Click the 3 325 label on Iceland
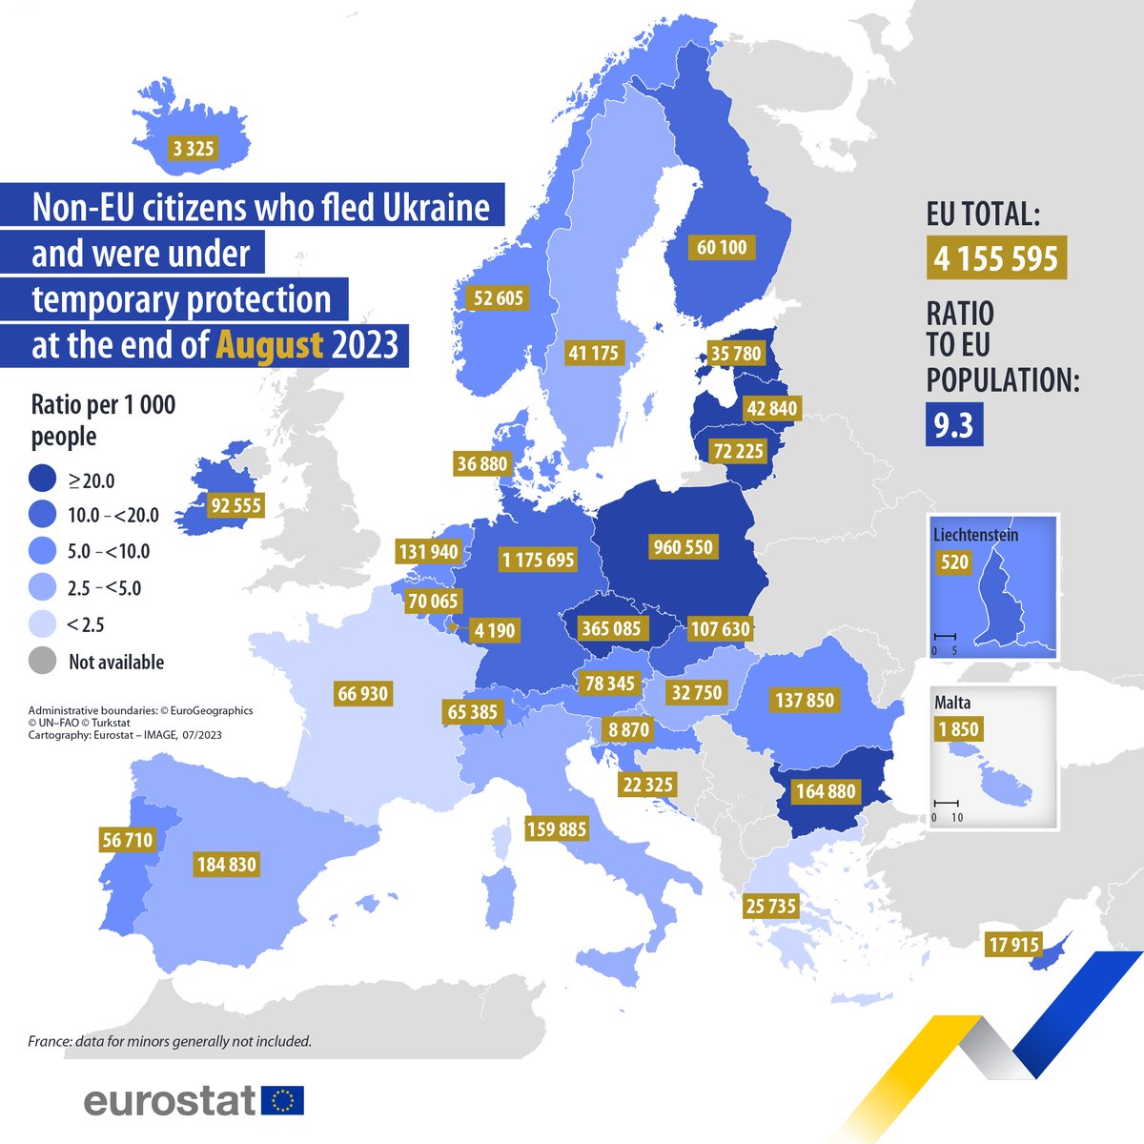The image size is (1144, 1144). pos(194,148)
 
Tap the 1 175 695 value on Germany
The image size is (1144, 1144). pos(539,560)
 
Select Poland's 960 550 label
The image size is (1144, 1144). pos(684,547)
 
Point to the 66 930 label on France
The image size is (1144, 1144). pos(362,693)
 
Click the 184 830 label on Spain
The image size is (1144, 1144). pos(227,865)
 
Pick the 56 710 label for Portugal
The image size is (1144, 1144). pos(127,840)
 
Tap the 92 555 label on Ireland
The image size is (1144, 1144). pos(235,505)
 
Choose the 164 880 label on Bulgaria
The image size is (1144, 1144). pos(826,791)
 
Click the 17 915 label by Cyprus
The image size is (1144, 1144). pos(1012,945)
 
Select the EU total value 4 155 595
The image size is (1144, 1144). pos(996,258)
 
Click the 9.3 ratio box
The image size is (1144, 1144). pos(953,425)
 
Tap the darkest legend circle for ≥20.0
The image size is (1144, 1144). pos(42,480)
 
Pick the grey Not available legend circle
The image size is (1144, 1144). pos(42,661)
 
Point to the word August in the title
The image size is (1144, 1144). pos(270,344)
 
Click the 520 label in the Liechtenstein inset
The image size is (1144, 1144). pos(954,562)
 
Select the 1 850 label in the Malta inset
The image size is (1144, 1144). pos(957,730)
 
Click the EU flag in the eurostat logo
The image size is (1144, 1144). pos(282,1101)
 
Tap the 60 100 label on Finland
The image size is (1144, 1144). pos(722,248)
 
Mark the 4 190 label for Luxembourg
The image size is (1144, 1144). pos(494,630)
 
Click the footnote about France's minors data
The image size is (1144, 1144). pos(170,1041)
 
